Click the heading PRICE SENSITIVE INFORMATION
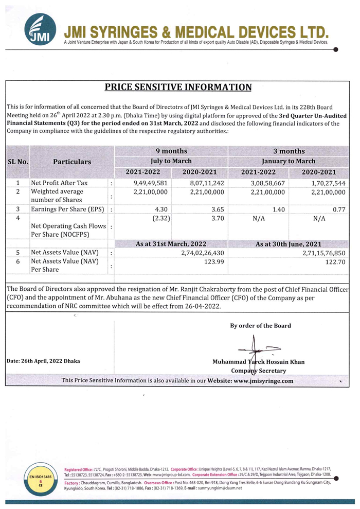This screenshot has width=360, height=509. [178, 87]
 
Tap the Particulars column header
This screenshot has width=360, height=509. [72, 162]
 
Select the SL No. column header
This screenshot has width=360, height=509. [18, 162]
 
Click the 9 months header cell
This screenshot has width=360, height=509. [171, 151]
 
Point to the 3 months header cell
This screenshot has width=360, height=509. [289, 151]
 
